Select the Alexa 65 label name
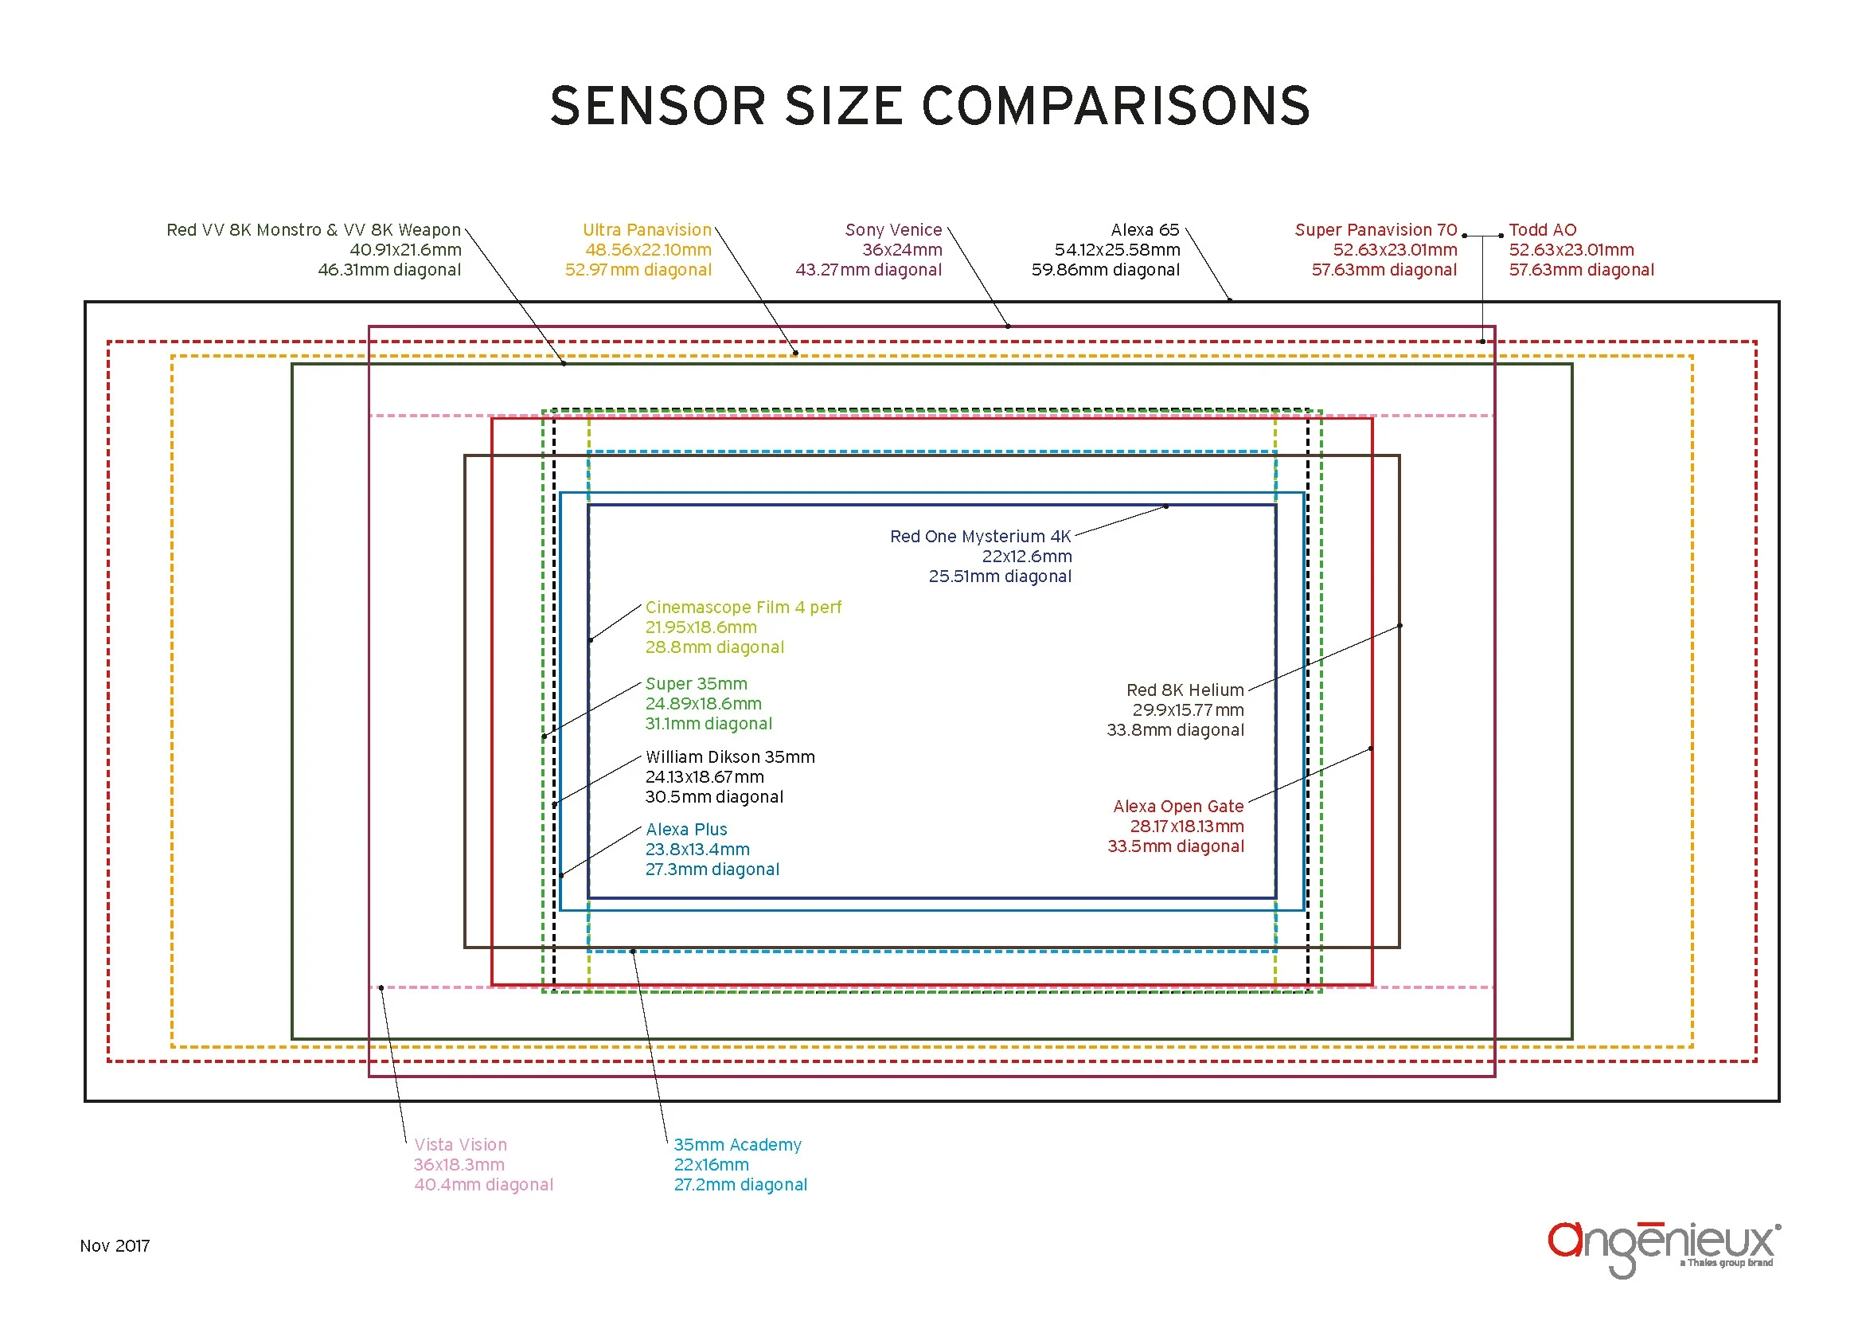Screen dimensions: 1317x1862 point(1144,230)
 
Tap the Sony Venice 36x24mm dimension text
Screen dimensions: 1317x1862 point(902,251)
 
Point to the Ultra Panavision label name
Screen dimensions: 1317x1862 point(646,230)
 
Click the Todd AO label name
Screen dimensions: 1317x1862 point(1542,230)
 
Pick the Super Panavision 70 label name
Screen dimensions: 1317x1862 point(1376,230)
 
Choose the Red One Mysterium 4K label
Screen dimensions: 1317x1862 point(980,537)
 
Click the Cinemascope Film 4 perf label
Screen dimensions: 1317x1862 point(743,608)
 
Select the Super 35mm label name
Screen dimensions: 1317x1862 point(696,685)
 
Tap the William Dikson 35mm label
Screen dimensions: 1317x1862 point(730,757)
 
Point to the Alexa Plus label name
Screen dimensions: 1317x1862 point(686,830)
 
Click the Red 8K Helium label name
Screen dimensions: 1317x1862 point(1184,690)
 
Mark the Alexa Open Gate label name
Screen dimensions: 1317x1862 point(1177,807)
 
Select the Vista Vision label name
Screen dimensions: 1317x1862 point(460,1145)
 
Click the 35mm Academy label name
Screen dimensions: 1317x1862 point(737,1145)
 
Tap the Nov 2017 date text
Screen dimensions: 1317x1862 point(115,1246)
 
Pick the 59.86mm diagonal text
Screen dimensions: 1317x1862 point(1105,270)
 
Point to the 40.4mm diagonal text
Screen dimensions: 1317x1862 point(483,1185)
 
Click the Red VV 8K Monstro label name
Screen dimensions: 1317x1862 point(313,230)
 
